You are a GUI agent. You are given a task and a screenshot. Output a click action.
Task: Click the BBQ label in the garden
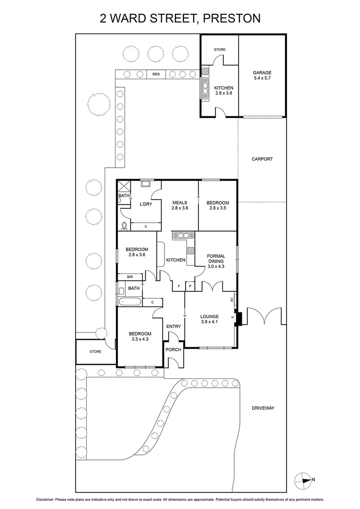coord(156,74)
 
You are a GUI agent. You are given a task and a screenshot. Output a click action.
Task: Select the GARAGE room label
coord(262,73)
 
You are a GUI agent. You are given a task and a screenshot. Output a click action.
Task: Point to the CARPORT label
coord(262,159)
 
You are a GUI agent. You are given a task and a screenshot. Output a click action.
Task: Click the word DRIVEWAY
coord(262,408)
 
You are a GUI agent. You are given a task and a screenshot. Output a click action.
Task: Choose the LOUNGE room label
coord(209,317)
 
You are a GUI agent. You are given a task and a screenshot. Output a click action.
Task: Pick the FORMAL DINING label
coord(216,259)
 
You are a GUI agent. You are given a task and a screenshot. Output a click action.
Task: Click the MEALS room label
coord(180,203)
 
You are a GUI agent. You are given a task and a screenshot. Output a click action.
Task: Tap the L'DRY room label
coord(146,204)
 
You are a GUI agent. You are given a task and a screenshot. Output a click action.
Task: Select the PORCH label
coord(173,350)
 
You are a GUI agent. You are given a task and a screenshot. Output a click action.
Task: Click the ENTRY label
coord(173,326)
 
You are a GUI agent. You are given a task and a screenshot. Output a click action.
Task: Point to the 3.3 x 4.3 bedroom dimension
coord(140,338)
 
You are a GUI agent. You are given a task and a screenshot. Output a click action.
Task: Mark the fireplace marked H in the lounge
coord(233,318)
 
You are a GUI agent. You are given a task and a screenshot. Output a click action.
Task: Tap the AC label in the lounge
coord(232,299)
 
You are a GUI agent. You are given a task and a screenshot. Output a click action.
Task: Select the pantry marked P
coord(191,286)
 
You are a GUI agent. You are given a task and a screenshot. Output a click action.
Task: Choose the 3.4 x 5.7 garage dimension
coord(262,79)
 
